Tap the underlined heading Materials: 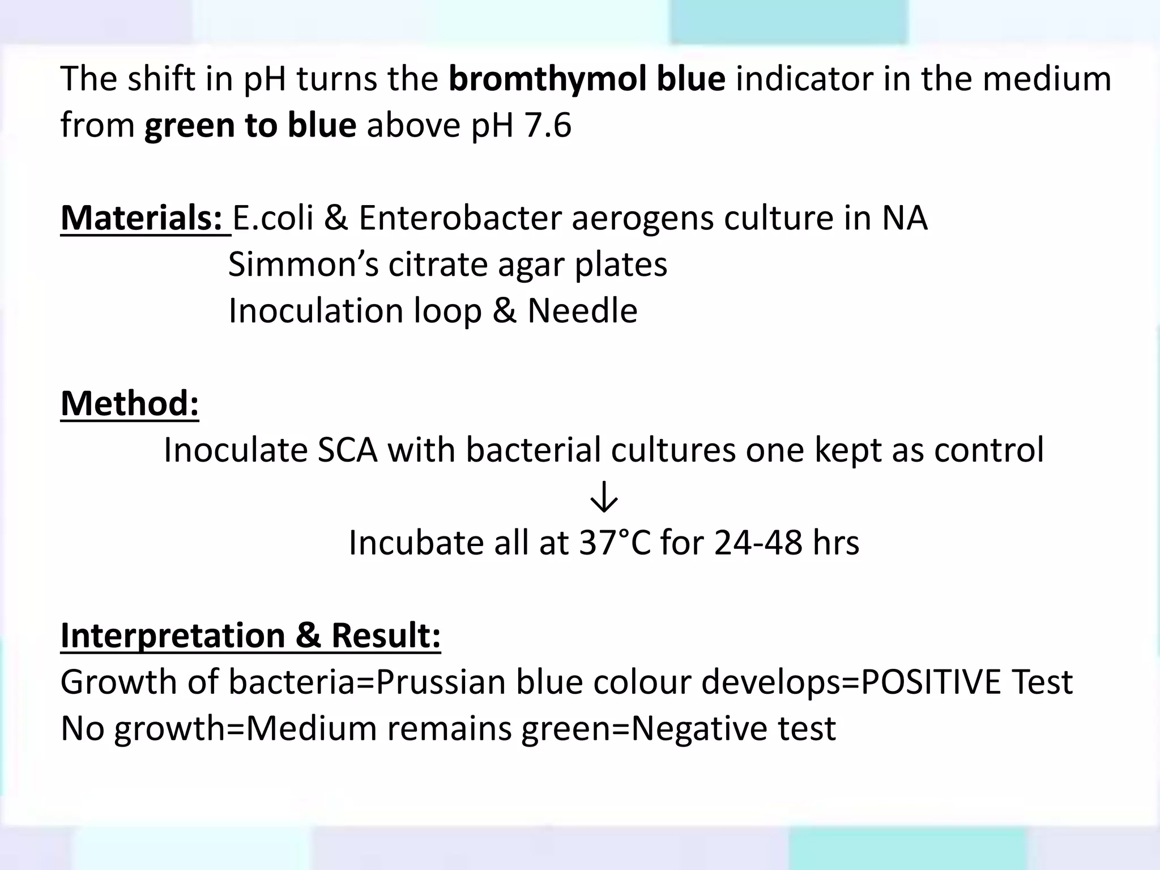pyautogui.click(x=145, y=218)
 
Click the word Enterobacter pyautogui.click(x=459, y=218)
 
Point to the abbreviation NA pyautogui.click(x=904, y=218)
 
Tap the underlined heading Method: pyautogui.click(x=130, y=404)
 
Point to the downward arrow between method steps pyautogui.click(x=604, y=497)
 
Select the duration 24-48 pyautogui.click(x=758, y=543)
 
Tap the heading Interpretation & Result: pyautogui.click(x=250, y=636)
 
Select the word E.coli pyautogui.click(x=272, y=218)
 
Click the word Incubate pyautogui.click(x=416, y=543)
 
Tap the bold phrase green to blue pyautogui.click(x=250, y=125)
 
